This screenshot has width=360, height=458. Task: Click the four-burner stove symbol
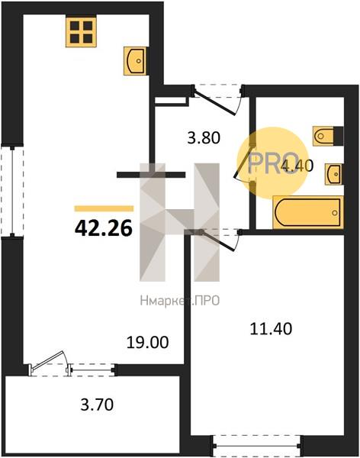pyautogui.click(x=81, y=32)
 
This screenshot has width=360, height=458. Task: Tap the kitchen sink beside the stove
pyautogui.click(x=136, y=61)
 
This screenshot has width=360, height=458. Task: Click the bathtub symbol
pyautogui.click(x=308, y=212)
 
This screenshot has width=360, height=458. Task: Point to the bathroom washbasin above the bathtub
pyautogui.click(x=334, y=174)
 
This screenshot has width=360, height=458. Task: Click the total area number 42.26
pyautogui.click(x=104, y=228)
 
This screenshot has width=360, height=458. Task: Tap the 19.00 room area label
pyautogui.click(x=147, y=342)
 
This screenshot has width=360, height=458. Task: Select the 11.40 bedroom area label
pyautogui.click(x=271, y=328)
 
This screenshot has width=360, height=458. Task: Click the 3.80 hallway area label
pyautogui.click(x=203, y=137)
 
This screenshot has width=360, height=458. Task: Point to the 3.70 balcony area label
pyautogui.click(x=97, y=405)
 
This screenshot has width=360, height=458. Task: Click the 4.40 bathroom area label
pyautogui.click(x=297, y=166)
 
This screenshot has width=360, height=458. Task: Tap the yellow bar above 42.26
pyautogui.click(x=104, y=208)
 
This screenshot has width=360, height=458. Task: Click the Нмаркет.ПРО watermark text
pyautogui.click(x=179, y=301)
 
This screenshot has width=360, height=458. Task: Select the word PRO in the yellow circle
pyautogui.click(x=273, y=163)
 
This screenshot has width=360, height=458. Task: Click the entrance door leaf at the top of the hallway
pyautogui.click(x=214, y=102)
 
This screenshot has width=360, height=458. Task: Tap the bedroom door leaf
pyautogui.click(x=218, y=240)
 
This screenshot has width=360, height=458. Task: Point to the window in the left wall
pyautogui.click(x=12, y=192)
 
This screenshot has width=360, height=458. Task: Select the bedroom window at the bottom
pyautogui.click(x=257, y=446)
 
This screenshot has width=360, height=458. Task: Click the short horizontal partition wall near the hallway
pyautogui.click(x=151, y=175)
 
